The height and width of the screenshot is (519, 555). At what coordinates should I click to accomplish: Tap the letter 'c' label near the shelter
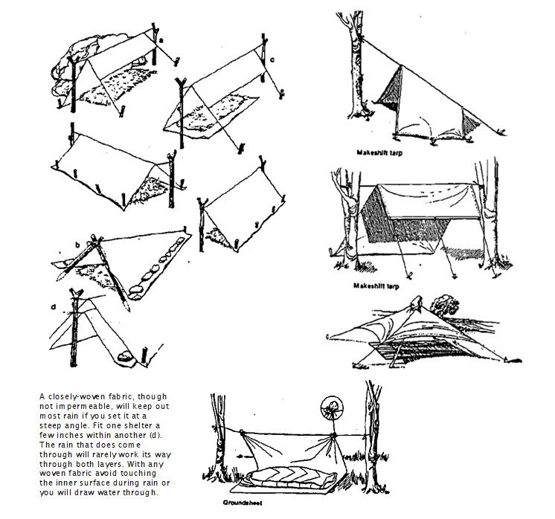(272, 59)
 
